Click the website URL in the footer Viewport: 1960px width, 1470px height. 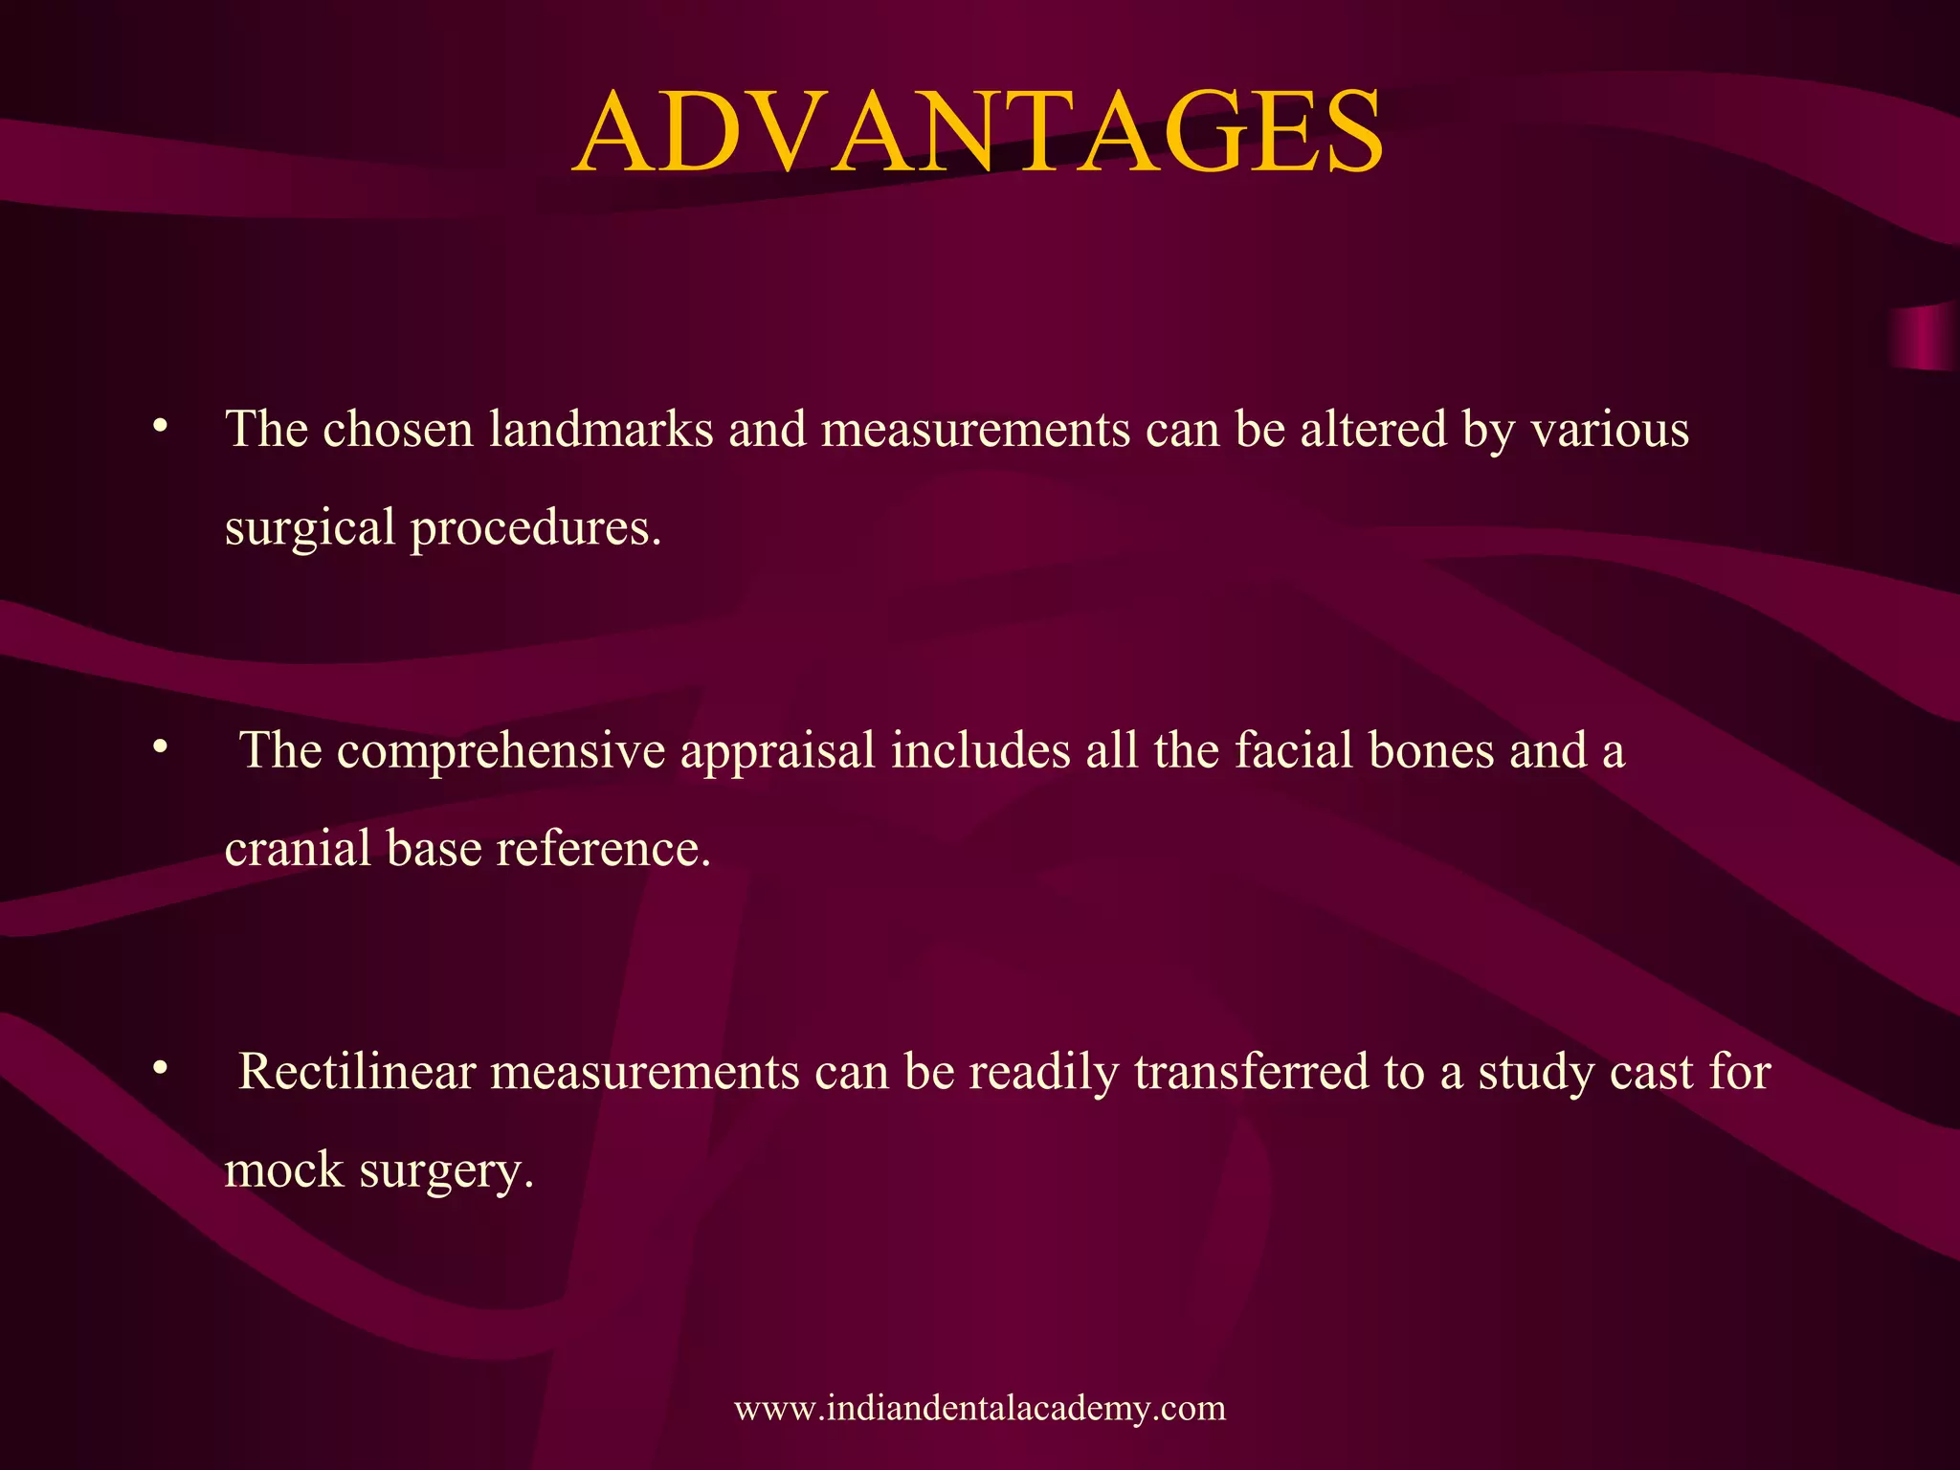pyautogui.click(x=980, y=1408)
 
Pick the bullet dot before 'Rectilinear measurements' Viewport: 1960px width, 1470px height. pyautogui.click(x=161, y=1066)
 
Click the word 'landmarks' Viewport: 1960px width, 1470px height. pyautogui.click(x=601, y=429)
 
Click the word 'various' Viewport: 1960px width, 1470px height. pyautogui.click(x=1610, y=429)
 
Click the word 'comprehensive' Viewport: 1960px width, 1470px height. pyautogui.click(x=501, y=750)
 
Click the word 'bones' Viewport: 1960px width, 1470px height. pyautogui.click(x=1432, y=750)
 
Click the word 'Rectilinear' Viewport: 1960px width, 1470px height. pyautogui.click(x=357, y=1072)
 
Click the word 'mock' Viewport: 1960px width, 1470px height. pyautogui.click(x=284, y=1170)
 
